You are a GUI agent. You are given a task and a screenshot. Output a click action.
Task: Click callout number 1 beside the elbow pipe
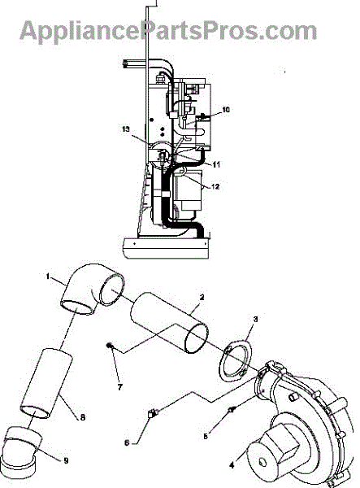[x=48, y=276]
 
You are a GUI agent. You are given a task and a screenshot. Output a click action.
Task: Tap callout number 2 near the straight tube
[x=202, y=297]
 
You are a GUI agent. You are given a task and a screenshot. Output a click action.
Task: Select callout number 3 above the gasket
[x=255, y=319]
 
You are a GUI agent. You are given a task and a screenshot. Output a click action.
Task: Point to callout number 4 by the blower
[x=232, y=465]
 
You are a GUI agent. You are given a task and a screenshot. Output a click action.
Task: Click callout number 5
[x=206, y=436]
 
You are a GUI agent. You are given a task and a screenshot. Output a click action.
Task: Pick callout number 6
[x=127, y=442]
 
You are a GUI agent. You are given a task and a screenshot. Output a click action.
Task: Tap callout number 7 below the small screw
[x=120, y=387]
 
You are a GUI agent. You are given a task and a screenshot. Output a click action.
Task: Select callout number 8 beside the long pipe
[x=82, y=417]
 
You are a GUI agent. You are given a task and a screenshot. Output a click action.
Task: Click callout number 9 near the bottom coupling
[x=66, y=460]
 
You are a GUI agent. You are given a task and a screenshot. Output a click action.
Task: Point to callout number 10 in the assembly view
[x=226, y=110]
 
